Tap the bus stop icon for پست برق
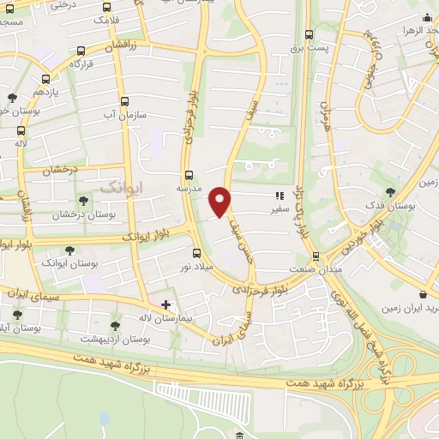click(x=309, y=35)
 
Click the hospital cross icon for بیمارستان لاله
click(x=165, y=304)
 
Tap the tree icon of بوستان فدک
click(x=390, y=192)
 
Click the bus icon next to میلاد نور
click(x=196, y=253)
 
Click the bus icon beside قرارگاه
click(x=81, y=51)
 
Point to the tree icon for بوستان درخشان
click(x=83, y=201)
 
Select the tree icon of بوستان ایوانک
click(x=69, y=250)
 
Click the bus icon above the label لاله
click(x=21, y=130)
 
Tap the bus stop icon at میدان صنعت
click(x=316, y=256)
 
